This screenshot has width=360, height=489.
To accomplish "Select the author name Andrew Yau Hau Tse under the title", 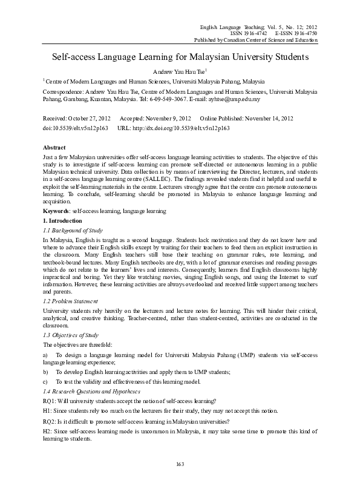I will click(180, 71).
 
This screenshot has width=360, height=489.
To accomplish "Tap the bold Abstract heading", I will click(54, 148).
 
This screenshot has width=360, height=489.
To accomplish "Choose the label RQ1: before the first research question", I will click(49, 401).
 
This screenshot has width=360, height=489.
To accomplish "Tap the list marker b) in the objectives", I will click(45, 372).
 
